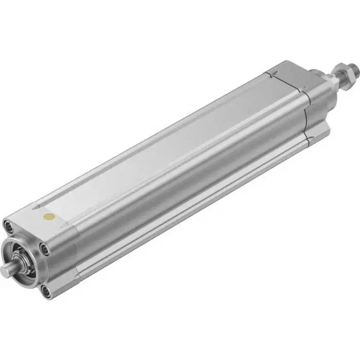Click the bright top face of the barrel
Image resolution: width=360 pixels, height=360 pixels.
pyautogui.click(x=170, y=139)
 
